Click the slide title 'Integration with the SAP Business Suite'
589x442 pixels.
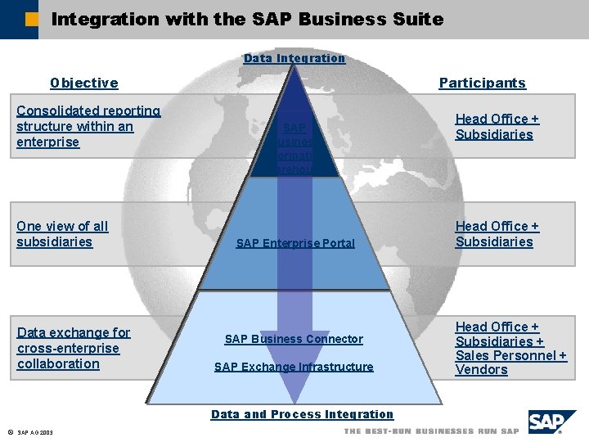[x=247, y=19]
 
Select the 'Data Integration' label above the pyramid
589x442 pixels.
[x=294, y=58]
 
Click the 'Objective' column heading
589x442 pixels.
[x=83, y=83]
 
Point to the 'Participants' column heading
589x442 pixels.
[x=483, y=83]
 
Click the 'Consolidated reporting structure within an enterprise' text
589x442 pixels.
[x=88, y=126]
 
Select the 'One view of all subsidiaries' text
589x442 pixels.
[x=62, y=234]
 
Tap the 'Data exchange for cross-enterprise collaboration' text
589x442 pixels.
[x=74, y=348]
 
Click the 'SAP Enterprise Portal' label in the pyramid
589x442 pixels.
[x=295, y=243]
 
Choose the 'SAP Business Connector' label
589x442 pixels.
[x=294, y=339]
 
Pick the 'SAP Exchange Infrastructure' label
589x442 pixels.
[x=294, y=367]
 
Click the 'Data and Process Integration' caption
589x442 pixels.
[x=302, y=414]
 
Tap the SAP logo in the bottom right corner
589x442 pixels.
[x=551, y=422]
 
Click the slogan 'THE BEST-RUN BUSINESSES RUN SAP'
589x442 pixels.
[x=431, y=431]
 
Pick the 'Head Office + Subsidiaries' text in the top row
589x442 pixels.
[x=497, y=127]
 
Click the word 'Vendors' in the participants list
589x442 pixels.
[x=481, y=370]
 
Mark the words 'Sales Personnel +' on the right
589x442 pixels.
[x=510, y=355]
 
